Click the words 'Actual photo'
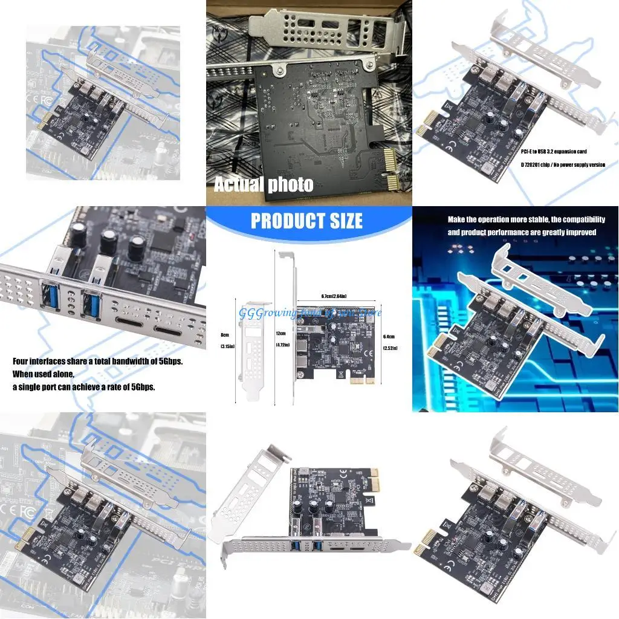(263, 184)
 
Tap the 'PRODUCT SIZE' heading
(306, 221)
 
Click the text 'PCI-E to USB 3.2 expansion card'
(553, 151)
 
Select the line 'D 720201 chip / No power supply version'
(562, 164)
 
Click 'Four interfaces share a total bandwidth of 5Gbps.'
(98, 361)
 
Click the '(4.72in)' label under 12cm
(282, 345)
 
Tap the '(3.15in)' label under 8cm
(227, 346)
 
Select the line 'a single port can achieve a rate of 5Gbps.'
(84, 387)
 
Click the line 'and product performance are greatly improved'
(522, 232)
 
